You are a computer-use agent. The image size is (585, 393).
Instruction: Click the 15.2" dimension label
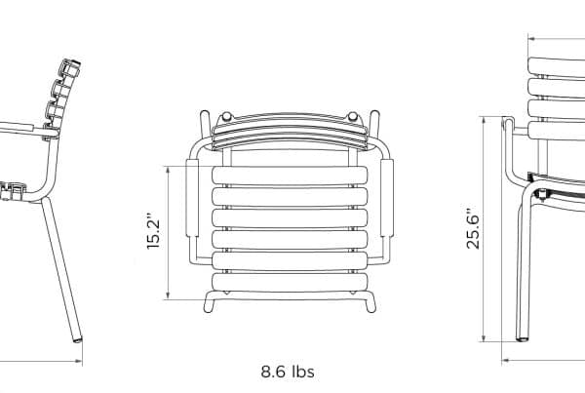153,232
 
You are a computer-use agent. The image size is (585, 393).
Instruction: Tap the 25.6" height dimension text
473,227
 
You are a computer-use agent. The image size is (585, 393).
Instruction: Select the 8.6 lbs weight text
288,372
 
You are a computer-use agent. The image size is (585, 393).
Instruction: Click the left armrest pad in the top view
192,197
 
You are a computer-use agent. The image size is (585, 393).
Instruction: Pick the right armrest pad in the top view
386,197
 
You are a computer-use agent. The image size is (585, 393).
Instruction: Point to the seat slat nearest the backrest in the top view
290,176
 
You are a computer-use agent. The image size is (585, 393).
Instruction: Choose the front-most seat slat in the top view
290,283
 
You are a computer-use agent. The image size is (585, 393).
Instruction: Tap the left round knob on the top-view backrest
226,116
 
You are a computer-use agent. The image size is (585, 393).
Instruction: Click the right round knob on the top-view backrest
353,116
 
